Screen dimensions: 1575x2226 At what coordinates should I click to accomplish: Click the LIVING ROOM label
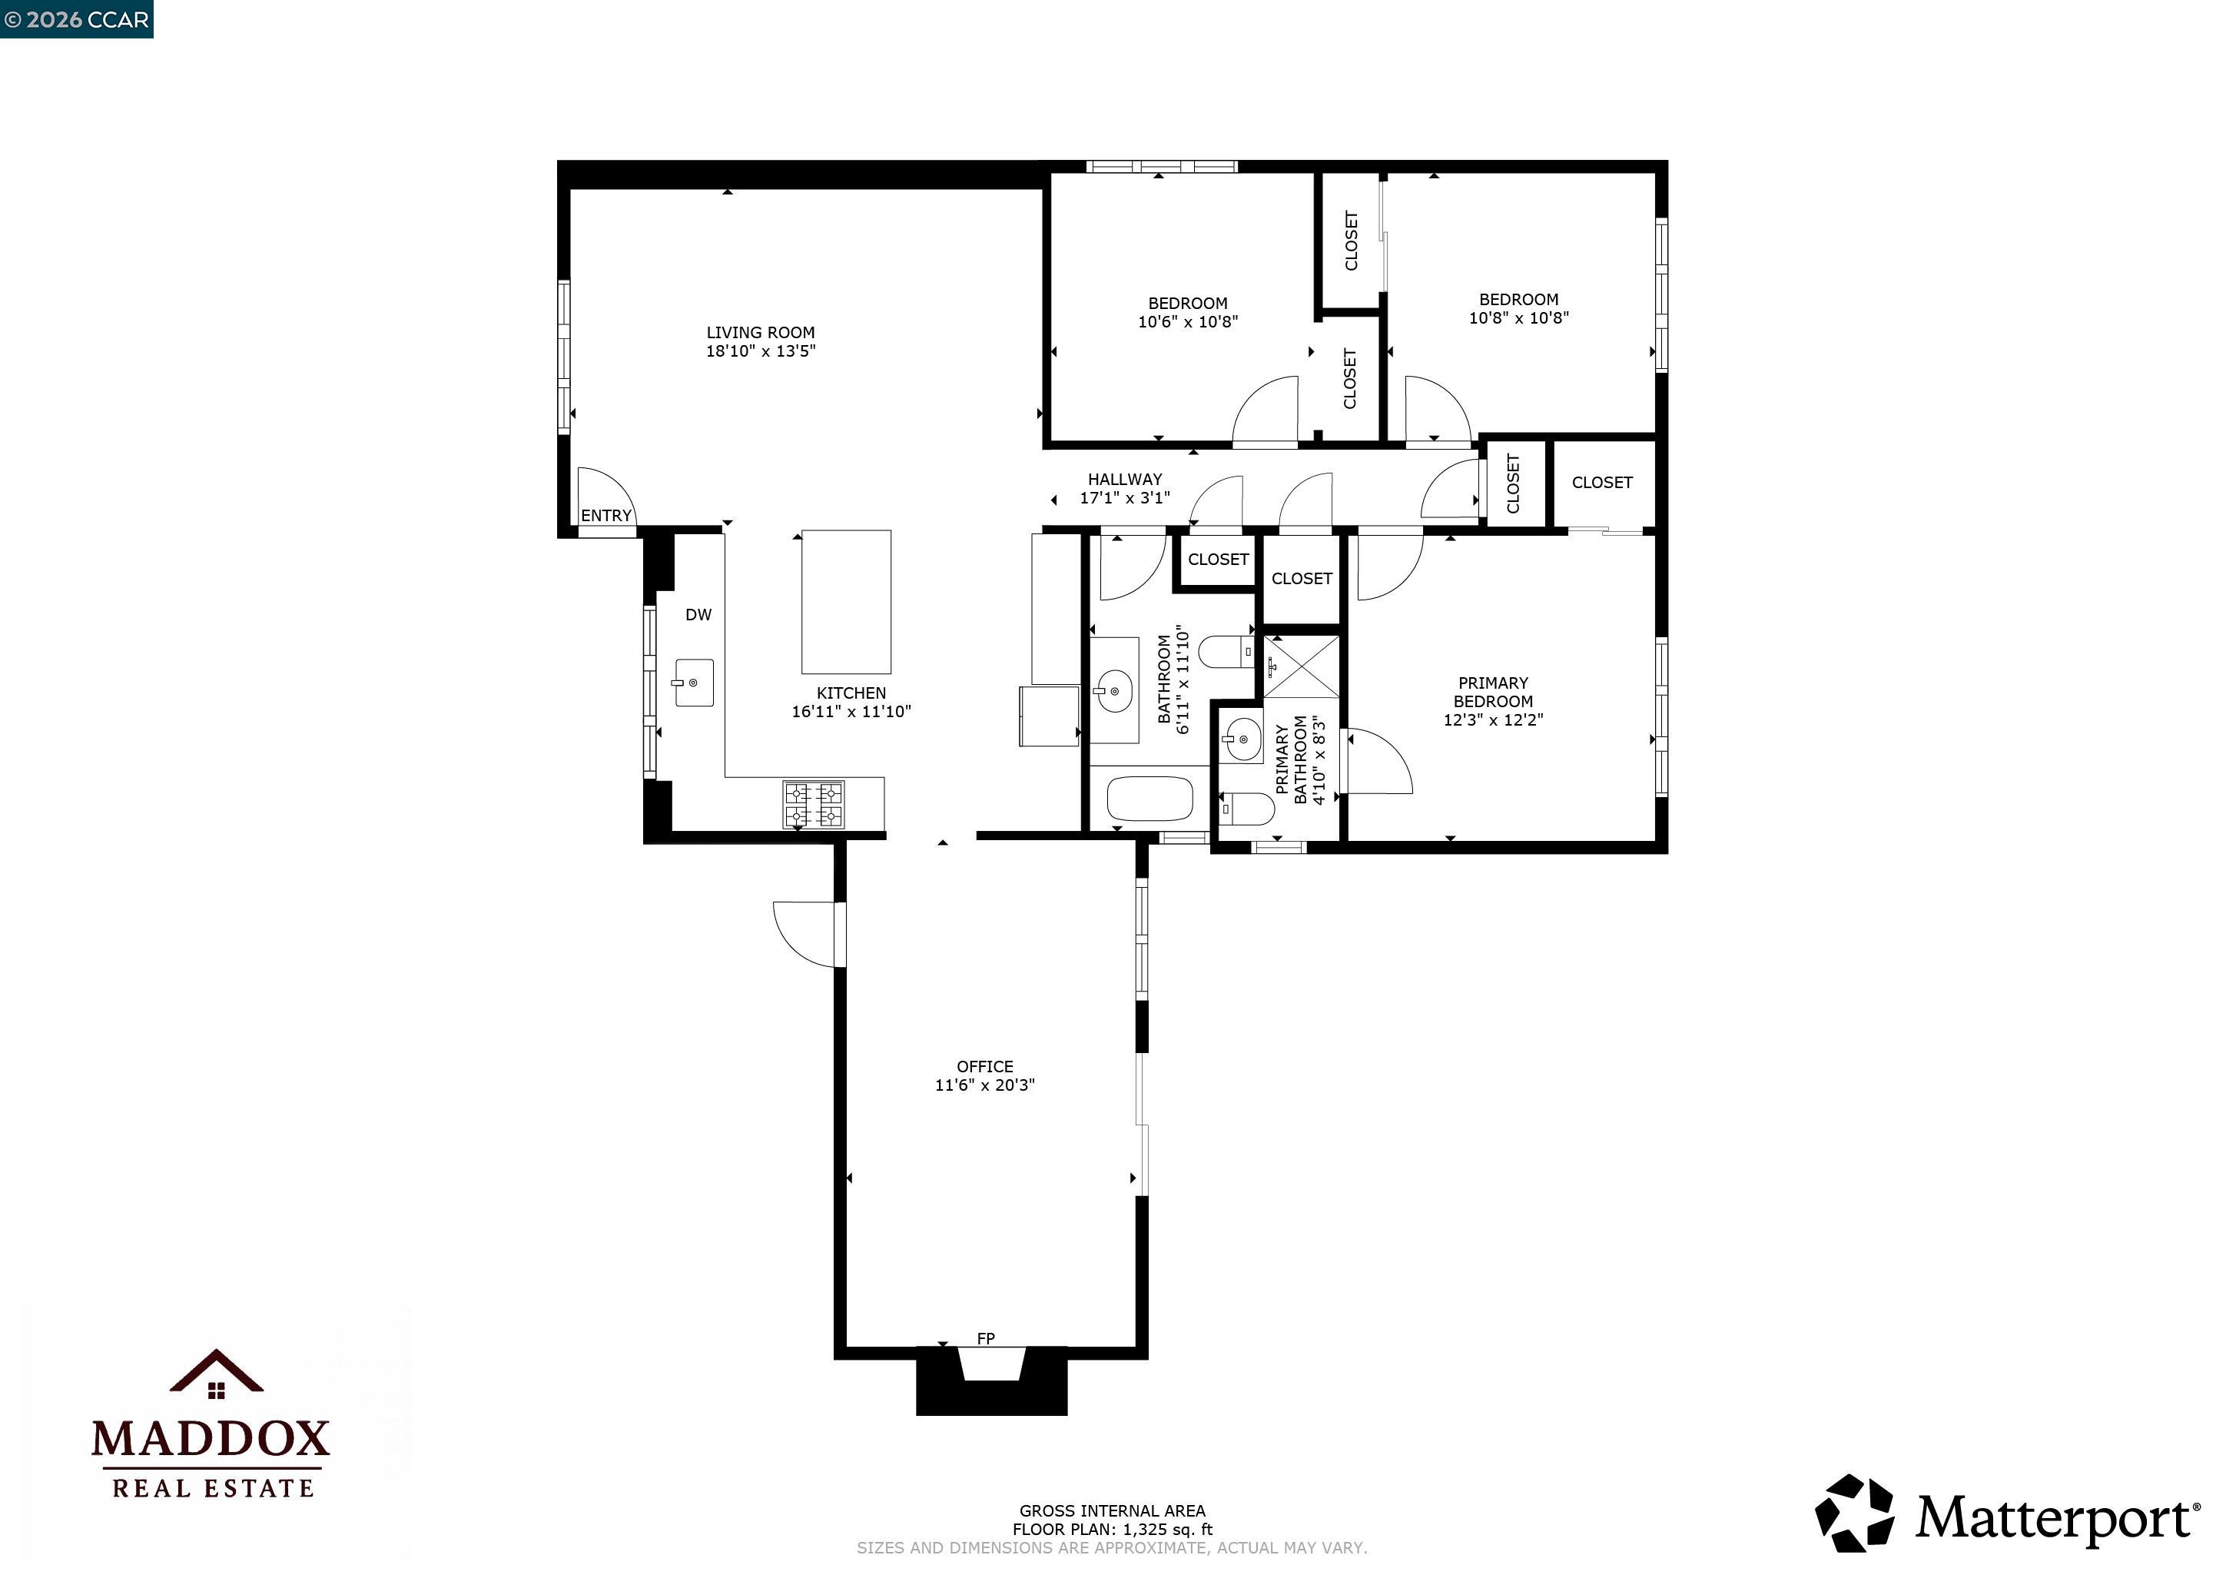click(760, 333)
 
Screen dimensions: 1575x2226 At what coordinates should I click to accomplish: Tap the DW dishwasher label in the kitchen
click(698, 615)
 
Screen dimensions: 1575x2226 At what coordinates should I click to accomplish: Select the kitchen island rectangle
click(845, 601)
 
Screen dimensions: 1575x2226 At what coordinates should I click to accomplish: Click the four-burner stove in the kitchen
click(814, 805)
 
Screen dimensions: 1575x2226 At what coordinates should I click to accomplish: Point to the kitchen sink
click(694, 683)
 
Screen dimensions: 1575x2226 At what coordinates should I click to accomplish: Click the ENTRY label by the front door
click(606, 516)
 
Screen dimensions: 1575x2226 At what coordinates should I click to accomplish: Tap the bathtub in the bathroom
click(1149, 799)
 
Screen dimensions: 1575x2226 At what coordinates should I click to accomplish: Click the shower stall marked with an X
click(1301, 666)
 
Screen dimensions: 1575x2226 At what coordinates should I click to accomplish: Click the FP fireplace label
click(985, 1339)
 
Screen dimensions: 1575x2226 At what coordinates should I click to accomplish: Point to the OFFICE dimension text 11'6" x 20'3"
click(984, 1085)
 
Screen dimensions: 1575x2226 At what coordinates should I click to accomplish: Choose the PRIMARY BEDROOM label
click(1492, 692)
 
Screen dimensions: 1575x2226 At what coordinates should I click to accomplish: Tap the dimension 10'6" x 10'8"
click(1188, 322)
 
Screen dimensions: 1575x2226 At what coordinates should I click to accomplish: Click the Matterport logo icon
click(1853, 1513)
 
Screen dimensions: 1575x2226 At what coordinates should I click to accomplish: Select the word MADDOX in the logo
click(211, 1439)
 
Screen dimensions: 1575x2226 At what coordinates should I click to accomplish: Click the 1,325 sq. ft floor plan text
click(1112, 1530)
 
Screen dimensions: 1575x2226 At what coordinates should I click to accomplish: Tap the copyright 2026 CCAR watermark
click(77, 19)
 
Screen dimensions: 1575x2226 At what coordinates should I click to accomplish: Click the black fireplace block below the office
click(991, 1397)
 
